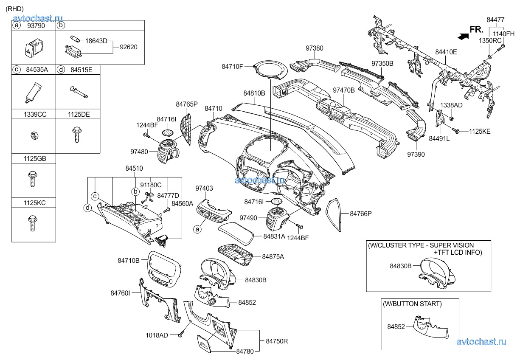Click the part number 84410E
(446, 52)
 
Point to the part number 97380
(314, 49)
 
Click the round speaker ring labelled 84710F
(270, 69)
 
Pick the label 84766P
(360, 214)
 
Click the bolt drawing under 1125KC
(32, 222)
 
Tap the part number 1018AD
(157, 335)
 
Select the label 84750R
(277, 341)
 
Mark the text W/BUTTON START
(412, 304)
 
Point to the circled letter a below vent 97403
(197, 229)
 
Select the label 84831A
(274, 236)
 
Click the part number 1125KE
(480, 132)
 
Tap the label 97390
(416, 155)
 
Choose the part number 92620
(129, 47)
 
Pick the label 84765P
(187, 104)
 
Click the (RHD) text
(14, 8)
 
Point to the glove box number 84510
(134, 169)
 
